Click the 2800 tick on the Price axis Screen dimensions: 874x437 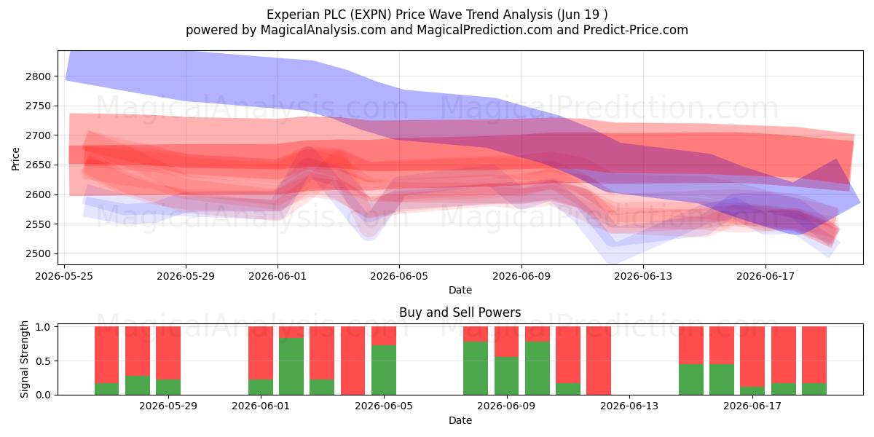tap(38, 76)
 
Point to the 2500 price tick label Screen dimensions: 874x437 tap(38, 254)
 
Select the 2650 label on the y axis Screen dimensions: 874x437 tap(38, 165)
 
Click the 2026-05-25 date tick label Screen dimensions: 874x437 tap(64, 276)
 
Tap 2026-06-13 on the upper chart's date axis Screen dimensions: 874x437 tap(643, 276)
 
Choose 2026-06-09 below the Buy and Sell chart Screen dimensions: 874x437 tap(506, 406)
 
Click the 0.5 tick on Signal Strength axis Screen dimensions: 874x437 tap(43, 361)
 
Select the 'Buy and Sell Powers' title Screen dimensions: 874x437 tap(460, 312)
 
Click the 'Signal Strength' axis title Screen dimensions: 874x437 tap(24, 359)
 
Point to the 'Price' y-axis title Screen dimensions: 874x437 tap(15, 159)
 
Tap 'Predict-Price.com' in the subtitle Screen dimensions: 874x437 tap(636, 30)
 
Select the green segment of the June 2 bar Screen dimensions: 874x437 tap(291, 366)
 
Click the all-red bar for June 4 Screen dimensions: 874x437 tap(353, 361)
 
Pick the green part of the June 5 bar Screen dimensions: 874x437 tap(384, 370)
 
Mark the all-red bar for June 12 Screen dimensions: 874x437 tap(599, 361)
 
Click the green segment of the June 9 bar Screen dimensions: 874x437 tap(506, 376)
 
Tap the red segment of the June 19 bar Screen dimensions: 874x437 tap(814, 355)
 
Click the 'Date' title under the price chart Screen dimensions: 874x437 tap(460, 290)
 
